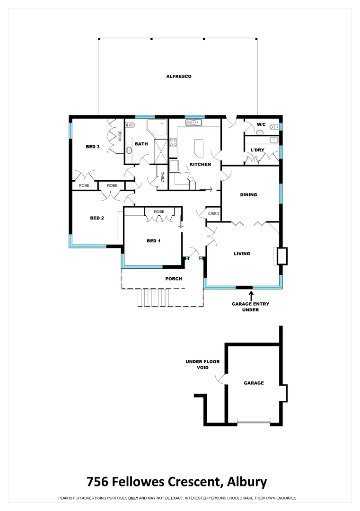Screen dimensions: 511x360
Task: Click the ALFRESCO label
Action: pyautogui.click(x=178, y=76)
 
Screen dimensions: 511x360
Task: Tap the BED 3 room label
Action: pyautogui.click(x=92, y=147)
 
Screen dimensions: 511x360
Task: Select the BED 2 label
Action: pyautogui.click(x=97, y=218)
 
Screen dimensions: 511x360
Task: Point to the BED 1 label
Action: pyautogui.click(x=153, y=241)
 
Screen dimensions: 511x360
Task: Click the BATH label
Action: pyautogui.click(x=141, y=144)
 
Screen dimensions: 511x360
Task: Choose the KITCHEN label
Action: pyautogui.click(x=200, y=164)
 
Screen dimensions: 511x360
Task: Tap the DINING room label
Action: pyautogui.click(x=248, y=194)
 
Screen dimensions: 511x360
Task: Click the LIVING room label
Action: pyautogui.click(x=242, y=254)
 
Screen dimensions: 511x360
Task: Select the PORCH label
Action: pyautogui.click(x=174, y=279)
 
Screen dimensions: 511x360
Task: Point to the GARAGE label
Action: pyautogui.click(x=254, y=383)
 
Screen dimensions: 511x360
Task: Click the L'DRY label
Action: pyautogui.click(x=257, y=150)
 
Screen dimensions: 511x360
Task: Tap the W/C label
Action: pyautogui.click(x=262, y=124)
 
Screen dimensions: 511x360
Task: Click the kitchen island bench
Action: pyautogui.click(x=199, y=148)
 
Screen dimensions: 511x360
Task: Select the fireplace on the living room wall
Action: pyautogui.click(x=281, y=256)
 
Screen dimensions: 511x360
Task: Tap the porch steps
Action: pyautogui.click(x=154, y=298)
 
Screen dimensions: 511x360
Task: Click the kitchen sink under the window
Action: pyautogui.click(x=193, y=123)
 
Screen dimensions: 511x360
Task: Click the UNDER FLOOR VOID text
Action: pyautogui.click(x=196, y=364)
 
